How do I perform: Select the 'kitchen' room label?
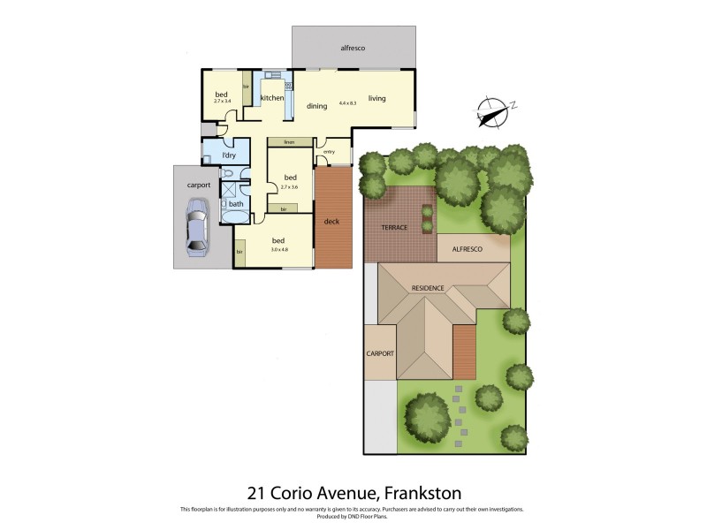(x=272, y=97)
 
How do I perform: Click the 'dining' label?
(x=317, y=106)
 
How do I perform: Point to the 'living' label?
(x=377, y=98)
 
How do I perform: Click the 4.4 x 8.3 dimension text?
(x=347, y=104)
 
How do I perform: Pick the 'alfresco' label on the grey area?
(x=353, y=47)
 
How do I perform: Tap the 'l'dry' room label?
(x=229, y=155)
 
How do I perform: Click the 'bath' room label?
(x=236, y=205)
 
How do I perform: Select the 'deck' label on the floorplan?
(x=332, y=221)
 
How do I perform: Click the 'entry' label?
(x=329, y=152)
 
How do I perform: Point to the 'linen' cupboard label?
(x=288, y=141)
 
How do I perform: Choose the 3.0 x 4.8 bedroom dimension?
(x=278, y=249)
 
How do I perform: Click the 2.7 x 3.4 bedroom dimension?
(x=222, y=101)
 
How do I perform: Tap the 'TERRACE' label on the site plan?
(x=394, y=227)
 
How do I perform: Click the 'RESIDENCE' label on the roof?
(x=434, y=288)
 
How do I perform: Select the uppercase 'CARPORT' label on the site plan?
(x=380, y=353)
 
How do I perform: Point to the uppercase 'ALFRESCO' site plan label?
(x=468, y=251)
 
